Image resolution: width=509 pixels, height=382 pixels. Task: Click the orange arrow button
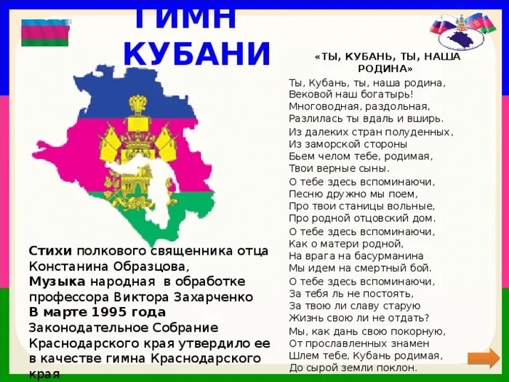(484, 358)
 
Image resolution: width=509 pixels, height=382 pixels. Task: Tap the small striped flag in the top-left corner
(45, 33)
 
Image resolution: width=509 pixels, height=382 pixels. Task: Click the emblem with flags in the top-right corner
(462, 31)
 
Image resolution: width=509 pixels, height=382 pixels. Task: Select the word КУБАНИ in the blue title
(197, 54)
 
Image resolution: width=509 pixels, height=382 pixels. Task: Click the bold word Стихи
(50, 251)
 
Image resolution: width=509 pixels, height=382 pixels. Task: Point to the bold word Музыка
(57, 282)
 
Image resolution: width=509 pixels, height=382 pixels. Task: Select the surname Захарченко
(213, 297)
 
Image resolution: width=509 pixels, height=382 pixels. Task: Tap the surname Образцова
(151, 267)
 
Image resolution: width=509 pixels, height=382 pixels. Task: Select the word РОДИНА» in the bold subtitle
(385, 69)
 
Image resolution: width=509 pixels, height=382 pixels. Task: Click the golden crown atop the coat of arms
(139, 103)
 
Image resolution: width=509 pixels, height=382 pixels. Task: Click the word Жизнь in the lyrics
(302, 318)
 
